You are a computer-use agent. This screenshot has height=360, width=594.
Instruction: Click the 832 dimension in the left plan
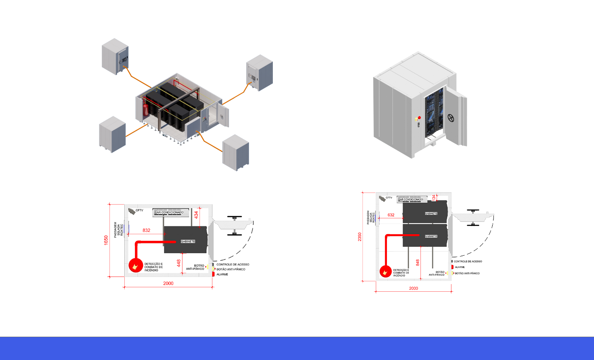click(x=146, y=230)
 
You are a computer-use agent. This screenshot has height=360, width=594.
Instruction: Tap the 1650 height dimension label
click(x=106, y=240)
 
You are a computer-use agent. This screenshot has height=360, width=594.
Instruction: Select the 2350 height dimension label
click(x=359, y=237)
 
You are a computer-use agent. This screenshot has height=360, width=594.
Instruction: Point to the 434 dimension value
click(x=196, y=215)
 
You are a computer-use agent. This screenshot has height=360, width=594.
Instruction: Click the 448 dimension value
click(x=179, y=264)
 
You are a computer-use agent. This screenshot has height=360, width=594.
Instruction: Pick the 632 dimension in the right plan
click(x=391, y=215)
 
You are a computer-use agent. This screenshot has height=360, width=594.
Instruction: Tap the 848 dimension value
click(x=417, y=262)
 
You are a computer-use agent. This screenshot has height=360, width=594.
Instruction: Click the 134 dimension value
click(x=433, y=197)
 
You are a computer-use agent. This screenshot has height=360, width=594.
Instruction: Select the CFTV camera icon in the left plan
click(x=132, y=211)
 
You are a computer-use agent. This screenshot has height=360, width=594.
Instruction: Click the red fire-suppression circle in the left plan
click(x=135, y=266)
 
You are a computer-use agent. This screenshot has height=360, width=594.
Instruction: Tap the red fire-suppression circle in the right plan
click(x=385, y=271)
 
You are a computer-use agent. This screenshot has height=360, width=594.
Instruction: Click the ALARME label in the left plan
click(x=222, y=275)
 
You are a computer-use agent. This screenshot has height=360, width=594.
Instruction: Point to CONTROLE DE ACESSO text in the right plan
click(x=468, y=262)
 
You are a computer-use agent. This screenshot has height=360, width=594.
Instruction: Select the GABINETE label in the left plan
click(x=188, y=241)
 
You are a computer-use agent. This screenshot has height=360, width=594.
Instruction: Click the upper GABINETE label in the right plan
click(x=431, y=213)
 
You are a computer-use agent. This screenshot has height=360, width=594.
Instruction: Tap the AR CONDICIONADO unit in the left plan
click(x=173, y=212)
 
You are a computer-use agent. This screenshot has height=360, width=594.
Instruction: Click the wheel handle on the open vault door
click(x=453, y=118)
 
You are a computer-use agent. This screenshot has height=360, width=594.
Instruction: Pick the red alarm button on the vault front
click(x=420, y=117)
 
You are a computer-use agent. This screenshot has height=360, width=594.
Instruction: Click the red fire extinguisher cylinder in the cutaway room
click(x=146, y=110)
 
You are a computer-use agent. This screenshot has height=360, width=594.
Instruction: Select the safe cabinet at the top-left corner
click(x=115, y=56)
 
